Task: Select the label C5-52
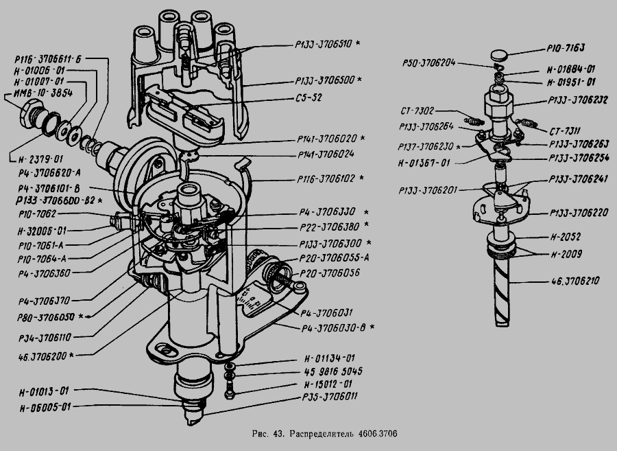point(313,97)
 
